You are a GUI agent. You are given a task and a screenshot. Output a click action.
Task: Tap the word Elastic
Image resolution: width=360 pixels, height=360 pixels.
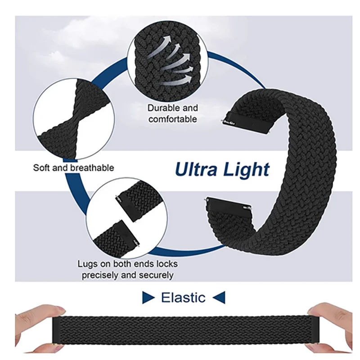point(183,297)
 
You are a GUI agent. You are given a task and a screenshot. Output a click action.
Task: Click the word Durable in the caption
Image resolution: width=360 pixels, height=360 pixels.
point(164,108)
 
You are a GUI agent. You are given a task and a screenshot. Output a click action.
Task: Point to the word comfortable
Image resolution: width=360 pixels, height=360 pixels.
point(172,119)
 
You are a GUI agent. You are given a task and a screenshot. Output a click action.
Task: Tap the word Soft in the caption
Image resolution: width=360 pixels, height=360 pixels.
point(41,168)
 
